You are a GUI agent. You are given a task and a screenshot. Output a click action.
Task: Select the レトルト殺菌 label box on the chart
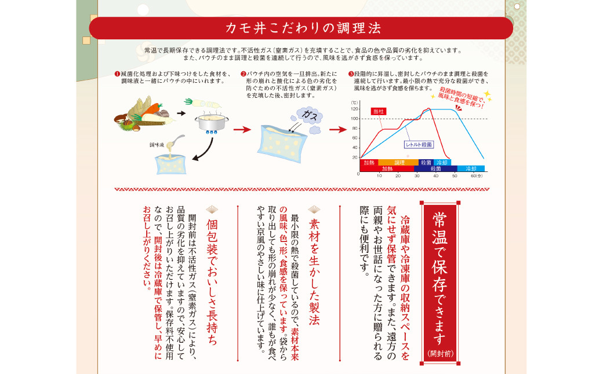418,145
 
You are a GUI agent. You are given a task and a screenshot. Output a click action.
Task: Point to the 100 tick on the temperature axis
354,118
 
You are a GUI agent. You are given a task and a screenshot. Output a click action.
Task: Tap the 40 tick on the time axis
435,175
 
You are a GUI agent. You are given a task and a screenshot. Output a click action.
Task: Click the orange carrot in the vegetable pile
152,108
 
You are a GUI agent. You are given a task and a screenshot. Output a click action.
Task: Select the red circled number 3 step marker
351,74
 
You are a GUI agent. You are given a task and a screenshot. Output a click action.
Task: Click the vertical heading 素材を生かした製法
314,263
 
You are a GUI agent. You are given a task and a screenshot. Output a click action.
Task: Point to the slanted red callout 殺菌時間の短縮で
461,96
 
